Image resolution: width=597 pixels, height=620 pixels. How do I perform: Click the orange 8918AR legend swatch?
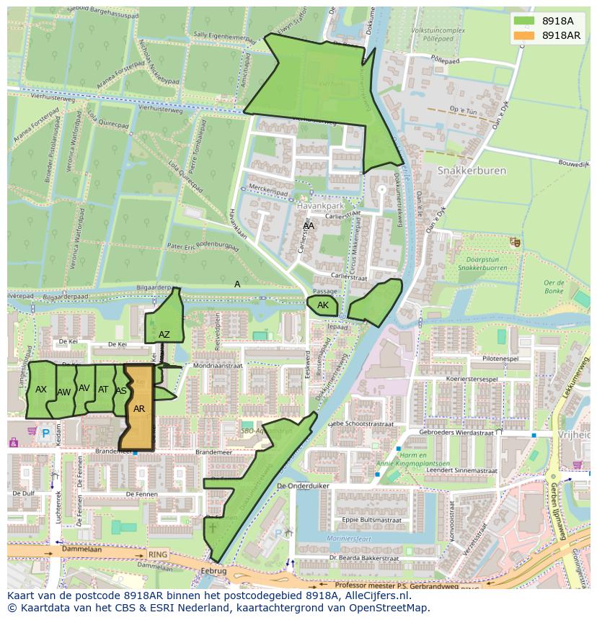525,35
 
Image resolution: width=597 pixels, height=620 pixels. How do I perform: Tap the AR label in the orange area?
139,408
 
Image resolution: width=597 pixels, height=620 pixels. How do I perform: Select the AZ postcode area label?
164,334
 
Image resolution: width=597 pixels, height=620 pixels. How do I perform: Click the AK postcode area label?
322,305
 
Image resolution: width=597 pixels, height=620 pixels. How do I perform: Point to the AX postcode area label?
41,390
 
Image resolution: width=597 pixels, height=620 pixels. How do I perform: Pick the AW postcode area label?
63,392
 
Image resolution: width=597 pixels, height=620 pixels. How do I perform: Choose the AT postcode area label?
103,390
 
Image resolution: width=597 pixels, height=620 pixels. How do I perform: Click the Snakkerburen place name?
472,171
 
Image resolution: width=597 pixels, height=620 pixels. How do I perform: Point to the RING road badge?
156,554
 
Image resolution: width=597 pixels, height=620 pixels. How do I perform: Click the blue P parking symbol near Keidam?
46,433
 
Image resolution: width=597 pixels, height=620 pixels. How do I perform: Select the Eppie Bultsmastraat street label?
371,518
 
